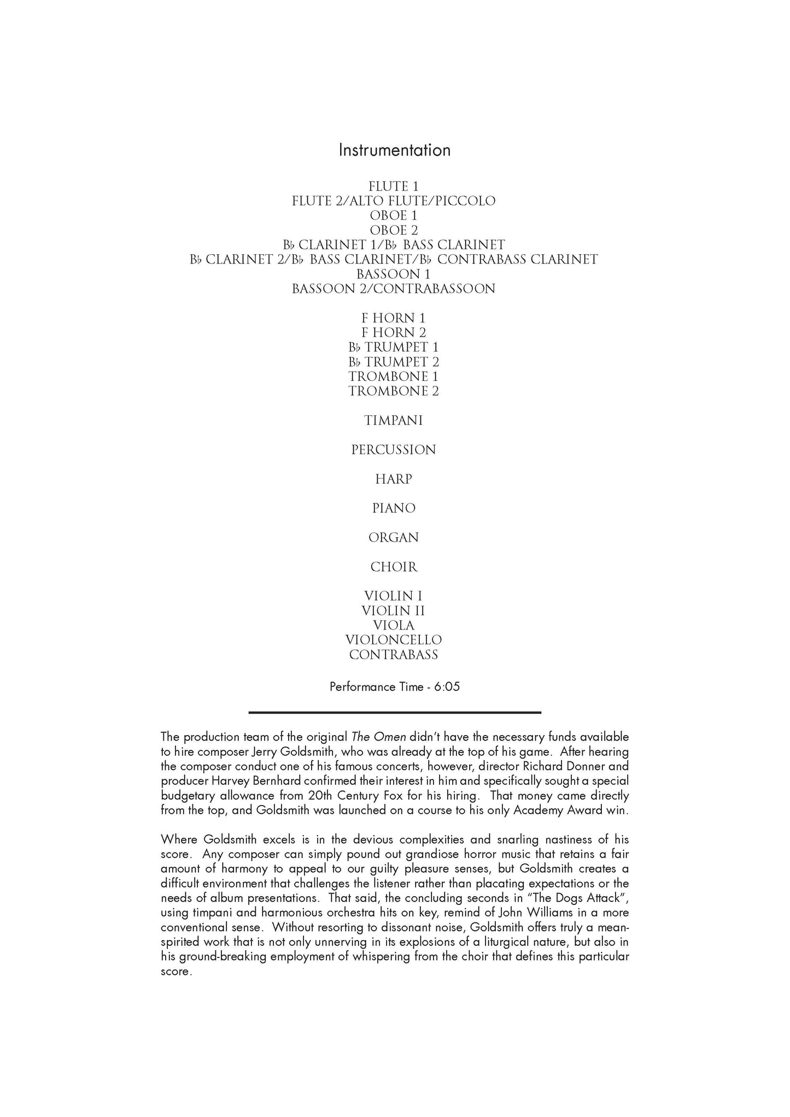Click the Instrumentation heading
click(394, 150)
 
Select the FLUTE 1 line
click(394, 186)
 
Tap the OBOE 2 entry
click(394, 231)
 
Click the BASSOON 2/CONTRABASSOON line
click(394, 289)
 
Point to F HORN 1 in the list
click(394, 318)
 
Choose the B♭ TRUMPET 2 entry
click(394, 362)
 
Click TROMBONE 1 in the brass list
click(394, 377)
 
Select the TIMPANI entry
click(394, 421)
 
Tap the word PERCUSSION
click(394, 450)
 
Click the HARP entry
click(394, 479)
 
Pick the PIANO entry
click(394, 508)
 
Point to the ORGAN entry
click(394, 538)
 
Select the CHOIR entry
click(394, 567)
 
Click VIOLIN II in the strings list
click(394, 611)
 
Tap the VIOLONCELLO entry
click(394, 640)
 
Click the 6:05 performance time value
click(447, 687)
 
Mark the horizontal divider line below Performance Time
click(394, 712)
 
